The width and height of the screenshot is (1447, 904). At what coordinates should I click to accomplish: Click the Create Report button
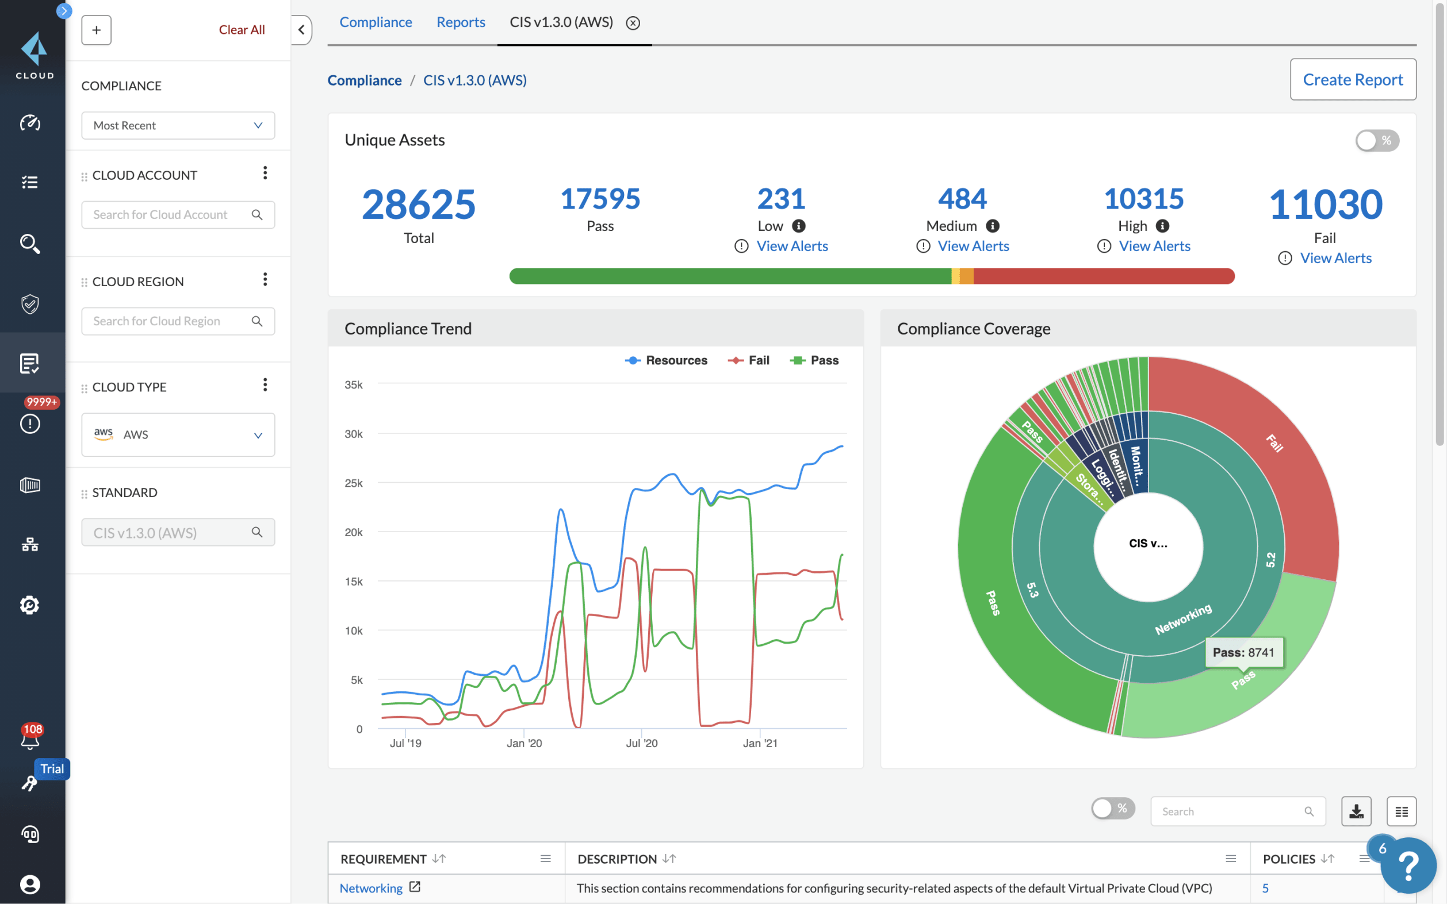pyautogui.click(x=1352, y=79)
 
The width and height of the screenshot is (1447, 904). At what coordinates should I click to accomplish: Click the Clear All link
pyautogui.click(x=241, y=30)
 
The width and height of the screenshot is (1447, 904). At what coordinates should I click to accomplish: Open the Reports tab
pyautogui.click(x=460, y=22)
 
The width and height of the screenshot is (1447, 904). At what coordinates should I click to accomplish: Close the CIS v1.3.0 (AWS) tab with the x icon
pyautogui.click(x=632, y=24)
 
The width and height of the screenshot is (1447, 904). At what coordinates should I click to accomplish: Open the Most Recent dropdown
pyautogui.click(x=178, y=125)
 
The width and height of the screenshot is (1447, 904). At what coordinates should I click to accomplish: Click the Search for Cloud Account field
pyautogui.click(x=167, y=214)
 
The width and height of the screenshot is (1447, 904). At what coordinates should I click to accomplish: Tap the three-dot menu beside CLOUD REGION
pyautogui.click(x=265, y=280)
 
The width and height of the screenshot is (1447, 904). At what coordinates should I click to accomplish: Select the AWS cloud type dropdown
pyautogui.click(x=178, y=434)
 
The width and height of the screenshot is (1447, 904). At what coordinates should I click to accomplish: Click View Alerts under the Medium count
pyautogui.click(x=973, y=246)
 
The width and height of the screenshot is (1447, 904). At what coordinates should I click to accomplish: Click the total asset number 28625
pyautogui.click(x=418, y=205)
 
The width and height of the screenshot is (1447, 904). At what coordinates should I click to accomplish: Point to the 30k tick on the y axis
pyautogui.click(x=353, y=434)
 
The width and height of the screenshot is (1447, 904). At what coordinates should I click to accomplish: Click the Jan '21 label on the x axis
pyautogui.click(x=760, y=743)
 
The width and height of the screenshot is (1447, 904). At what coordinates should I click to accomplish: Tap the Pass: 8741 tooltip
pyautogui.click(x=1243, y=652)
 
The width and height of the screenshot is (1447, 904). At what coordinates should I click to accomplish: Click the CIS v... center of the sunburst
pyautogui.click(x=1147, y=544)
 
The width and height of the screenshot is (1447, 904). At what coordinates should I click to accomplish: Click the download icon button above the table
pyautogui.click(x=1356, y=811)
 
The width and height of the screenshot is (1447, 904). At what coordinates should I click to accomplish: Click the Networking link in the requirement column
pyautogui.click(x=371, y=888)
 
